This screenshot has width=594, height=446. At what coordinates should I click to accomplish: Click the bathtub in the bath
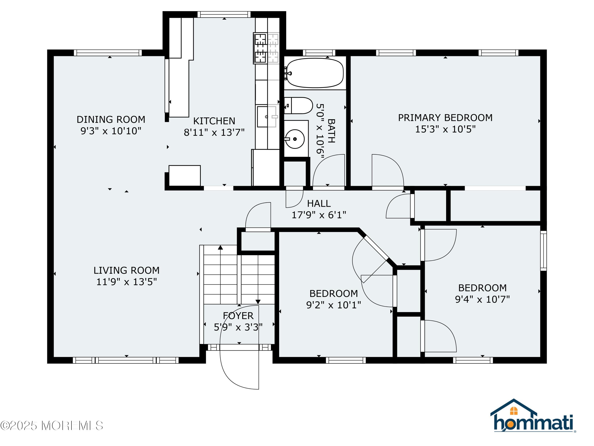(315, 73)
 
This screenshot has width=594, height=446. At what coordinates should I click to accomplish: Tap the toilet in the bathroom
(299, 106)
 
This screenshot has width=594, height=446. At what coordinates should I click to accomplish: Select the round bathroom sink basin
(295, 139)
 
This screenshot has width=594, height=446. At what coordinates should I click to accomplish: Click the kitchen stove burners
(266, 48)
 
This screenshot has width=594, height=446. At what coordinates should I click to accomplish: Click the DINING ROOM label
(111, 119)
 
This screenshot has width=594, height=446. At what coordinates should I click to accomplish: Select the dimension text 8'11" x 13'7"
(214, 132)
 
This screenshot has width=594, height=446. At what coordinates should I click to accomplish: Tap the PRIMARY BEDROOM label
(445, 118)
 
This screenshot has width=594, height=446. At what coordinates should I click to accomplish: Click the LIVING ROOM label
(127, 270)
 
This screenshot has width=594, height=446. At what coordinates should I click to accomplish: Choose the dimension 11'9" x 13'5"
(127, 282)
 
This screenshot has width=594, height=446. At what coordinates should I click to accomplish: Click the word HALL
(319, 204)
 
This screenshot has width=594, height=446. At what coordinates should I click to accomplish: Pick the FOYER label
(238, 316)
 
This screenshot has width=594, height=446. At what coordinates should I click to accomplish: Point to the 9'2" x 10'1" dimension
(333, 305)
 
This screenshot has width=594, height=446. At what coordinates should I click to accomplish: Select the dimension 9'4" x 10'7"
(482, 299)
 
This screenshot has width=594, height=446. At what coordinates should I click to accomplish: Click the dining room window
(108, 53)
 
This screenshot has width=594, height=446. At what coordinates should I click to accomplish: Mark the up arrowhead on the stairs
(220, 247)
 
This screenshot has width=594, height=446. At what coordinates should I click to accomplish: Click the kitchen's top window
(224, 14)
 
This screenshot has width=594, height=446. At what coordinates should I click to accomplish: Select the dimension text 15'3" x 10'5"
(445, 129)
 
